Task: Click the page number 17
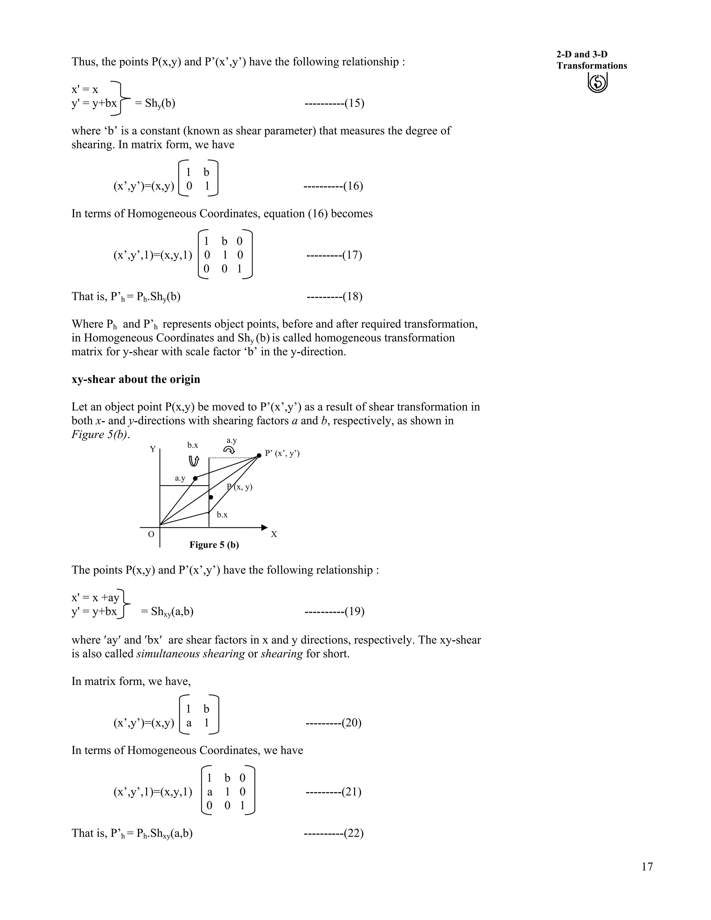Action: coord(647,867)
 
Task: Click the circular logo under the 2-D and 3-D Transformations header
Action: coord(597,83)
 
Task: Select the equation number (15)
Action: coord(354,103)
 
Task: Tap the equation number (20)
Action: coord(352,723)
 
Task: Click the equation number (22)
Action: coord(353,833)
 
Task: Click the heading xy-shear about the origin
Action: coord(136,379)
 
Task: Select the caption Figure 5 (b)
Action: coord(214,545)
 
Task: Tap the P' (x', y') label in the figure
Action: coord(282,454)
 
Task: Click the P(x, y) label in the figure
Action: coord(240,487)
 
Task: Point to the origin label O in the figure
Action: coord(151,535)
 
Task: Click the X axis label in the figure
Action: coord(274,535)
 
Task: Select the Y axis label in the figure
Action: coord(152,449)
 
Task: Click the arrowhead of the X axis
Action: coord(264,527)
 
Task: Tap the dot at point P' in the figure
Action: coord(259,456)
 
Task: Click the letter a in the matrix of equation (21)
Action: coord(209,792)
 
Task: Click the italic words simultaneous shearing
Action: coord(190,654)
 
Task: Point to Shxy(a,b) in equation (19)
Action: coord(167,612)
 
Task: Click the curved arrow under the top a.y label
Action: coord(229,450)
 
